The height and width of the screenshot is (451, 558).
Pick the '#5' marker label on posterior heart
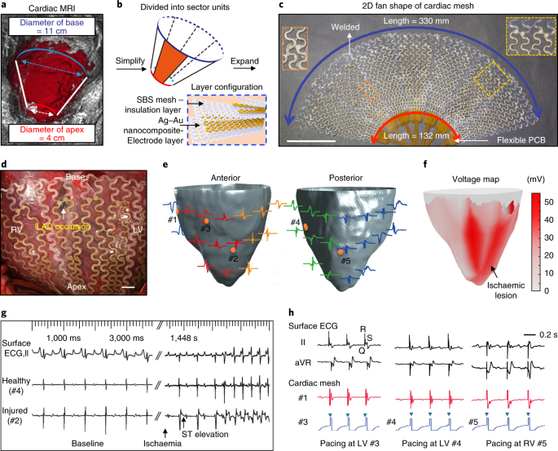(347, 263)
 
